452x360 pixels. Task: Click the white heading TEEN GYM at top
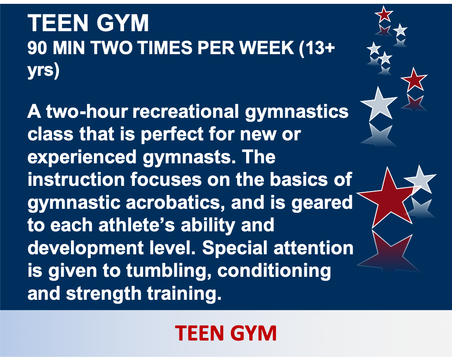[88, 23]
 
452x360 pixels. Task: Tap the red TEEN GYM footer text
[226, 333]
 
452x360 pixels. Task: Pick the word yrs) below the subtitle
[43, 70]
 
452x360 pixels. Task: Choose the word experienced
[82, 157]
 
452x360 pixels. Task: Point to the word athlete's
[137, 225]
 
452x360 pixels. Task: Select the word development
[86, 248]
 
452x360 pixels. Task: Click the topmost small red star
[384, 14]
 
